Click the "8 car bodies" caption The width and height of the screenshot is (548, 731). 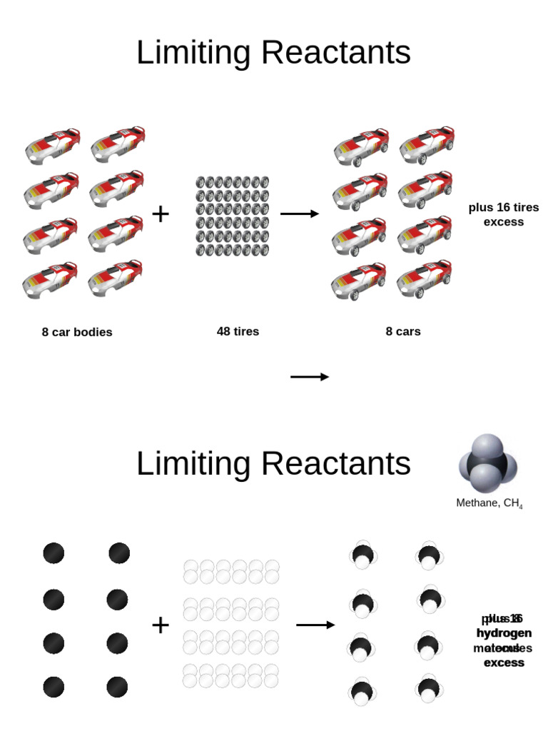pos(77,332)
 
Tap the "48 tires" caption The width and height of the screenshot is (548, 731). pos(238,331)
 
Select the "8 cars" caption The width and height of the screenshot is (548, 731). pos(403,331)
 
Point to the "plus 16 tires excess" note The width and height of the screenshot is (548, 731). pos(503,214)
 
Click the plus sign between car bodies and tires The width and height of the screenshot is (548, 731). pos(161,213)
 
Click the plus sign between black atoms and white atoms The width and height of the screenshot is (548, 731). pos(161,625)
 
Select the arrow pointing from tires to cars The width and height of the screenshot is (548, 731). pos(300,213)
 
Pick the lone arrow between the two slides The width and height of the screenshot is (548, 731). pos(310,377)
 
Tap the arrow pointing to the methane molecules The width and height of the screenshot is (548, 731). pos(315,625)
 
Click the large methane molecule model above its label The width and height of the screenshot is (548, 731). pos(487,463)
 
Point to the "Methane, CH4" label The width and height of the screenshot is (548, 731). pos(489,503)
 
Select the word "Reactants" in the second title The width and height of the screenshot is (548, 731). pos(336,464)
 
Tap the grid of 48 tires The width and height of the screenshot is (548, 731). pos(232,216)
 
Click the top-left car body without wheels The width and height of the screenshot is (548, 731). pos(53,146)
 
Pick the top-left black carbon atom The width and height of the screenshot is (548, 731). pos(54,553)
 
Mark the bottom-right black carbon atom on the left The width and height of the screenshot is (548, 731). pos(117,687)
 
